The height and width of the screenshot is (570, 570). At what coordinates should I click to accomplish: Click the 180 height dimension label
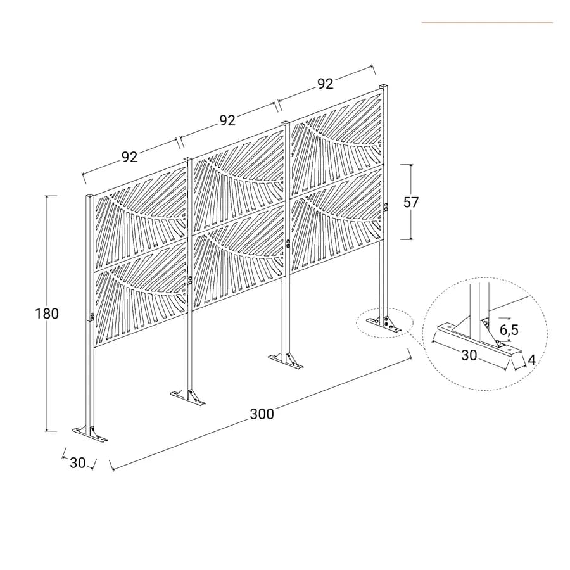pyautogui.click(x=47, y=313)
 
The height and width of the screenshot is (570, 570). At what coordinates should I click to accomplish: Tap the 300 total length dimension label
pyautogui.click(x=262, y=414)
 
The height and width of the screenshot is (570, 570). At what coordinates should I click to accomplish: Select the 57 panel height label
pyautogui.click(x=411, y=202)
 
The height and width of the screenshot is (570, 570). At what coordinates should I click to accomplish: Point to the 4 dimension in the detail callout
pyautogui.click(x=531, y=360)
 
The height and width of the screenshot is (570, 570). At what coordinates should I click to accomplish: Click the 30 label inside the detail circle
pyautogui.click(x=469, y=355)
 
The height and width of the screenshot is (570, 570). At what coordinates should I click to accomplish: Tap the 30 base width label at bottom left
pyautogui.click(x=77, y=463)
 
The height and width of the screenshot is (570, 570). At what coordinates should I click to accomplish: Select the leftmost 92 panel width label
pyautogui.click(x=130, y=156)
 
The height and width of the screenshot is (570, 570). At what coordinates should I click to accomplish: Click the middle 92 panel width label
pyautogui.click(x=227, y=120)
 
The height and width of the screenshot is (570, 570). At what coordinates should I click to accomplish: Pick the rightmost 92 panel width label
pyautogui.click(x=326, y=84)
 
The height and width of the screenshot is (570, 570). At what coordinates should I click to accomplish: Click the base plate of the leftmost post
pyautogui.click(x=90, y=434)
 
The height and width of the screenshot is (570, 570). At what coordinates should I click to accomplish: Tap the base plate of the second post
pyautogui.click(x=187, y=398)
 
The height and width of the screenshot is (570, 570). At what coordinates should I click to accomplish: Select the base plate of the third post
pyautogui.click(x=286, y=362)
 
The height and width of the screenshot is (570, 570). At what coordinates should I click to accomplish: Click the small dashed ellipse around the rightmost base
pyautogui.click(x=384, y=323)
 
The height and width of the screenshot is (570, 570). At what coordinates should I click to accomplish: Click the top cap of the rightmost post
pyautogui.click(x=384, y=87)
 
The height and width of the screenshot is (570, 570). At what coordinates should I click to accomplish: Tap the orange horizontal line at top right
pyautogui.click(x=487, y=23)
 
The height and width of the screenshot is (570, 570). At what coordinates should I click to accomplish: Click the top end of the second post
pyautogui.click(x=187, y=159)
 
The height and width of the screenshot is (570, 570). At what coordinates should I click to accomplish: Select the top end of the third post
pyautogui.click(x=286, y=123)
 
